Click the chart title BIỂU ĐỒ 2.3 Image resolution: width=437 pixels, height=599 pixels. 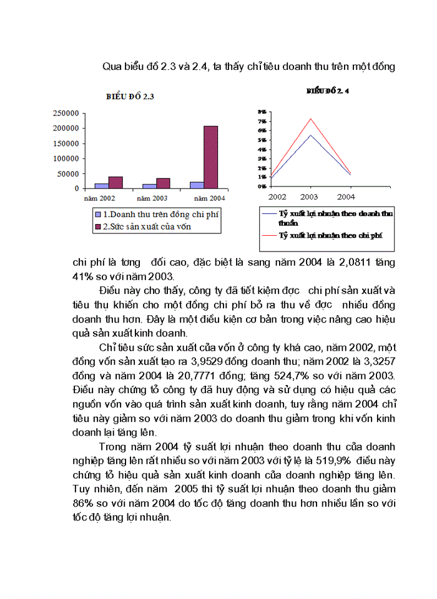[130, 97]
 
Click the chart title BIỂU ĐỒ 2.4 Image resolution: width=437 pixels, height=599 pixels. [327, 90]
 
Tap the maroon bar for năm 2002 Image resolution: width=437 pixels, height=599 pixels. [115, 182]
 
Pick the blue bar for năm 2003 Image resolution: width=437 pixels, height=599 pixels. [149, 186]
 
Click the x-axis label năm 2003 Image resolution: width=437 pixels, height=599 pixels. [154, 198]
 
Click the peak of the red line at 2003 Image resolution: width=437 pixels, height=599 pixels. [310, 119]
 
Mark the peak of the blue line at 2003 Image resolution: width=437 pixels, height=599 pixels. [310, 135]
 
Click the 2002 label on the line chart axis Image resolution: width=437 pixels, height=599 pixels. [278, 196]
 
